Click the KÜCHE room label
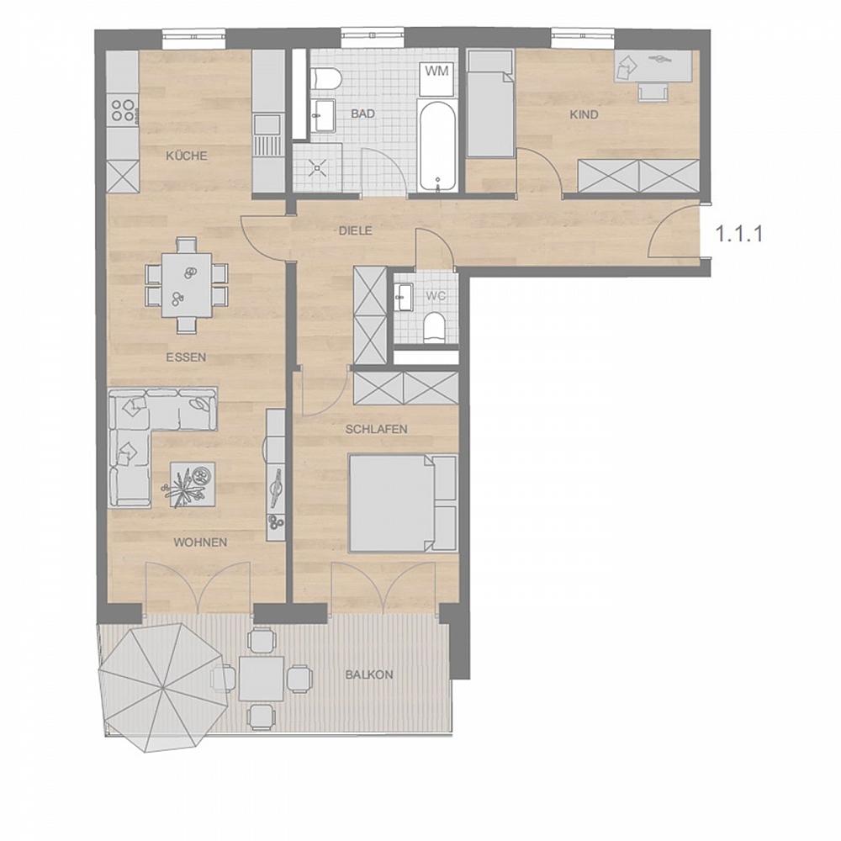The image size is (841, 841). click(x=186, y=156)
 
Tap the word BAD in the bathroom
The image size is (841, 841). click(x=363, y=114)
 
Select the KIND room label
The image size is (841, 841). click(x=584, y=114)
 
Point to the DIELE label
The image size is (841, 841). click(x=355, y=230)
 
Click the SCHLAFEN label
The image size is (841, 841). click(x=377, y=429)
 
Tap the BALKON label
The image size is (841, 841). click(x=369, y=674)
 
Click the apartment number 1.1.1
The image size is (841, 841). click(x=739, y=234)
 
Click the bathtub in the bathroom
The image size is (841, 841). click(x=437, y=145)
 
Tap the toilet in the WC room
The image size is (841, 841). click(x=434, y=327)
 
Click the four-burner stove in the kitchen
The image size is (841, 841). click(x=124, y=110)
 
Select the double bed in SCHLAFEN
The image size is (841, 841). click(x=402, y=503)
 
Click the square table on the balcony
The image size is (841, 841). click(x=262, y=679)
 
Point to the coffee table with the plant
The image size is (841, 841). click(x=192, y=484)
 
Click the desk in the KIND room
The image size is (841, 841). click(x=656, y=66)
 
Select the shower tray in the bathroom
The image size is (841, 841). click(x=318, y=167)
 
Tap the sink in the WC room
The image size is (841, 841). click(x=403, y=297)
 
